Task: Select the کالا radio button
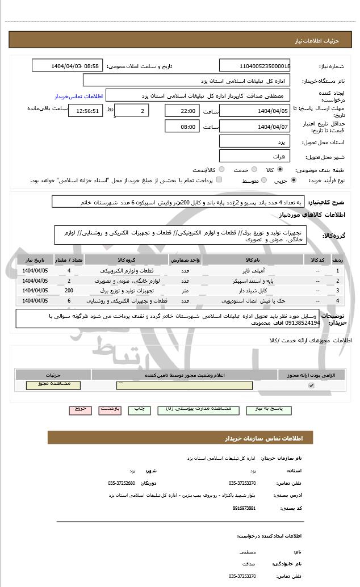(x=280, y=170)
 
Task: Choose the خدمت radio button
(x=254, y=170)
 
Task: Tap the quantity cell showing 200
(x=69, y=290)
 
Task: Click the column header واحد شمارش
(x=185, y=259)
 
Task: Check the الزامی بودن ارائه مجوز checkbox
(x=311, y=385)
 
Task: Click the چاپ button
(x=138, y=409)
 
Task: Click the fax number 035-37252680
(x=122, y=483)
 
